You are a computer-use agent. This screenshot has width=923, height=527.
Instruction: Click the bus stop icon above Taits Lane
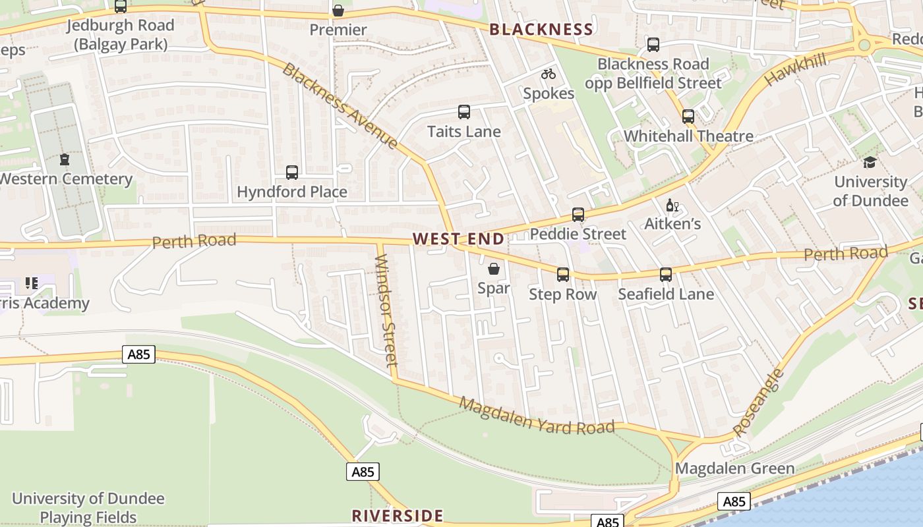coord(464,112)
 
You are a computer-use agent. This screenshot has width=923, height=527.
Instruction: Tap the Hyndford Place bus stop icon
coord(292,173)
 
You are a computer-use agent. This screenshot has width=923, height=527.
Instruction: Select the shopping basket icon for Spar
coord(494,269)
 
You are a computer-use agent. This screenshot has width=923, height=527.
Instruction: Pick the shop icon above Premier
coord(338,11)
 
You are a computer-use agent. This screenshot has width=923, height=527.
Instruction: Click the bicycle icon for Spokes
coord(549,74)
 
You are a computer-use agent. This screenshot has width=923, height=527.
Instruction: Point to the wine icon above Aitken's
coord(672,206)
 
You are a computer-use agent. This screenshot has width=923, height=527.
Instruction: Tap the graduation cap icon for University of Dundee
coord(870,162)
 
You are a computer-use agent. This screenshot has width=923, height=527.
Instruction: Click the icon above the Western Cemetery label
coord(65,159)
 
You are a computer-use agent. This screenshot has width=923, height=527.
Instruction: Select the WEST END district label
coord(459,239)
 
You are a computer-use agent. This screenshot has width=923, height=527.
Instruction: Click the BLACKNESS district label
coord(541,30)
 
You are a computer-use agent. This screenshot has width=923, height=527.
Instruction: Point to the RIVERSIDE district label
coord(398,515)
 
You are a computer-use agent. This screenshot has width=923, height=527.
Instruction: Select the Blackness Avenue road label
coord(340,105)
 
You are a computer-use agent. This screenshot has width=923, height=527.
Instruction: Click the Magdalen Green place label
coord(735,469)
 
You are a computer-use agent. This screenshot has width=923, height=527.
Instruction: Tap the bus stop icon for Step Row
coord(563,275)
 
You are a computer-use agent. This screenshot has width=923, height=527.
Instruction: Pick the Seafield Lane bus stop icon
coord(666,275)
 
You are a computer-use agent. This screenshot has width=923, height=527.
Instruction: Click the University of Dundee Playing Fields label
coord(88,507)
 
